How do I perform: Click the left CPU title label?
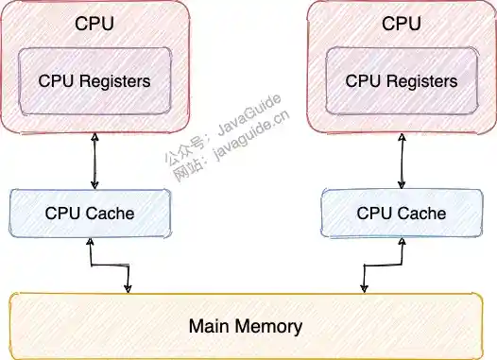click(x=94, y=23)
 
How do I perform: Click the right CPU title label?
click(x=401, y=23)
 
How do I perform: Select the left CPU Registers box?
click(x=94, y=81)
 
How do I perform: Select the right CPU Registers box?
click(x=401, y=81)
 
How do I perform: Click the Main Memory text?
click(x=246, y=327)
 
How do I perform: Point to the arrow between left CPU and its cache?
click(x=93, y=161)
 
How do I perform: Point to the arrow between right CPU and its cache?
click(x=401, y=161)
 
